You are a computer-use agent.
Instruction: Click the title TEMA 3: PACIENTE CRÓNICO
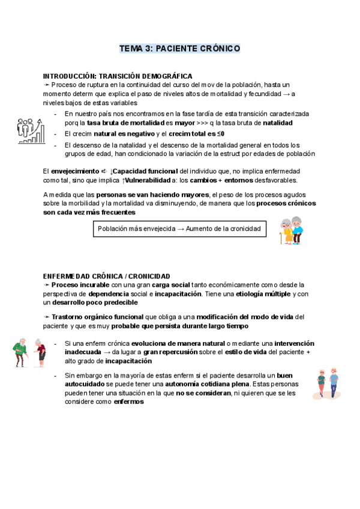180,48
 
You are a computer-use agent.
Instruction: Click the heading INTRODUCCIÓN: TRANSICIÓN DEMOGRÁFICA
118,76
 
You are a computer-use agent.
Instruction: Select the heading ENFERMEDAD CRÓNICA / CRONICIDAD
106,276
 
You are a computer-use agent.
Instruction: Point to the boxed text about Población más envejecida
179,229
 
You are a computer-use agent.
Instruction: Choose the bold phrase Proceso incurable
78,285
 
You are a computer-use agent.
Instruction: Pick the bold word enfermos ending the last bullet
129,402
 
